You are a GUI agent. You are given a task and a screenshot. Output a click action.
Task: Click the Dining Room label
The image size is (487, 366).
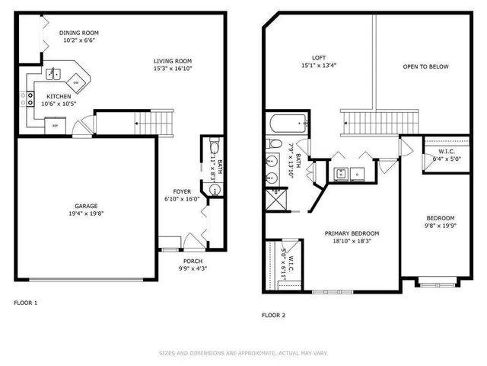pos(79,33)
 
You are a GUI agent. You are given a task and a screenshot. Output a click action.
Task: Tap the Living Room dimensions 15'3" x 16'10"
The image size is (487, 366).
pos(173,69)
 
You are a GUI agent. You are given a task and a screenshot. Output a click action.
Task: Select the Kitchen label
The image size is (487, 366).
pos(59,96)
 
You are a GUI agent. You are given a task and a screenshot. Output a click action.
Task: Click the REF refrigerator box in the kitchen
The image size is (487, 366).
pos(55,126)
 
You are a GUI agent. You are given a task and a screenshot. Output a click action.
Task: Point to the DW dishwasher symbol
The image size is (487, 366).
pos(77,82)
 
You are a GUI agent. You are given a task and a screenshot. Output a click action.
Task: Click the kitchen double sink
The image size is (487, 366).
pos(53,75)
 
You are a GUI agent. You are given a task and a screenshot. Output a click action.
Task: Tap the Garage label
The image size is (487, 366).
pos(85,206)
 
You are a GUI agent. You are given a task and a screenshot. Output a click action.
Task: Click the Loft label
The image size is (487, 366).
pos(319,57)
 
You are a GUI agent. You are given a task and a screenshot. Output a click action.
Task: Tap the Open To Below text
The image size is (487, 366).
pos(425,66)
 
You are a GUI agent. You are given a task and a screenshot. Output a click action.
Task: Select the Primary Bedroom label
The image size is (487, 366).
pos(352,233)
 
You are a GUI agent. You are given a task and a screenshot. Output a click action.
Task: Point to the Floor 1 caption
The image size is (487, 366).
pos(25,303)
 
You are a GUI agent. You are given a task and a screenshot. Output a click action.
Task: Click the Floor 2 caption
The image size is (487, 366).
pos(273,315)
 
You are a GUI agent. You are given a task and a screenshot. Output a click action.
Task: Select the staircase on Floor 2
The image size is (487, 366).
pos(380,120)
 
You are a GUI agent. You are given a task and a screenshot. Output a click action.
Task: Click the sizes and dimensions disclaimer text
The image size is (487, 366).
pos(242,353)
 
